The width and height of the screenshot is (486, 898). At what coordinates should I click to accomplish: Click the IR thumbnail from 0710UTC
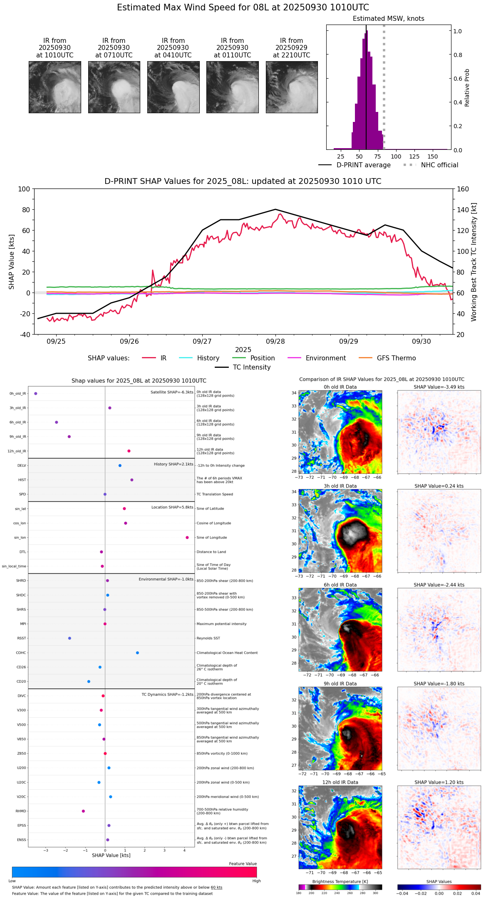point(114,87)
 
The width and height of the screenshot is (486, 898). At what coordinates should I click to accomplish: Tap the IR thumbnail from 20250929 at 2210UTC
point(292,87)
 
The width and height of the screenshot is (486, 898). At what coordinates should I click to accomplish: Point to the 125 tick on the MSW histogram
point(414,156)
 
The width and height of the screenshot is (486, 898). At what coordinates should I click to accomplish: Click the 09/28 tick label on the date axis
point(275,341)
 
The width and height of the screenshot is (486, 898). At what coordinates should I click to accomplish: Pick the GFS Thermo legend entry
point(396,358)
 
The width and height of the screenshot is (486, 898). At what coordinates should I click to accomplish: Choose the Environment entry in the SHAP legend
point(325,358)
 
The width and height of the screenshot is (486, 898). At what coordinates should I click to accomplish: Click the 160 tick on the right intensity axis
point(463,189)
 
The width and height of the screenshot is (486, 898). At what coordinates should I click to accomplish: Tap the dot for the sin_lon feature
point(187,538)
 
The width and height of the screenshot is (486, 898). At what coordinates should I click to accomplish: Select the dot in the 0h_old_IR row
point(36,393)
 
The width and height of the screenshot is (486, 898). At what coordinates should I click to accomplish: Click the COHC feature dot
point(137,652)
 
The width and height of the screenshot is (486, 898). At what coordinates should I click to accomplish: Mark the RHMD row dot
point(83,811)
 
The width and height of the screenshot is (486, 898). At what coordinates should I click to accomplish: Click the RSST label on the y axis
point(21,638)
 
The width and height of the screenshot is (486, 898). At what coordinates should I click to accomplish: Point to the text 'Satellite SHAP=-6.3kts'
point(172,392)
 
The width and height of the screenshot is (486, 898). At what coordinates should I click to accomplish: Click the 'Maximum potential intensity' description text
point(221,624)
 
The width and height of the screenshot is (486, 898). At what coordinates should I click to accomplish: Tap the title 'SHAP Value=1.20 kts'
point(439,782)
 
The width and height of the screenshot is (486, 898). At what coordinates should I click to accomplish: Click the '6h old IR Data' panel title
point(340,585)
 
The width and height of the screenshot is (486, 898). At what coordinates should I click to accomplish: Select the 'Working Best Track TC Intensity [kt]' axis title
point(474,262)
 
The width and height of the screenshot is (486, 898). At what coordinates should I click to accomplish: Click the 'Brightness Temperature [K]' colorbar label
point(340,881)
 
